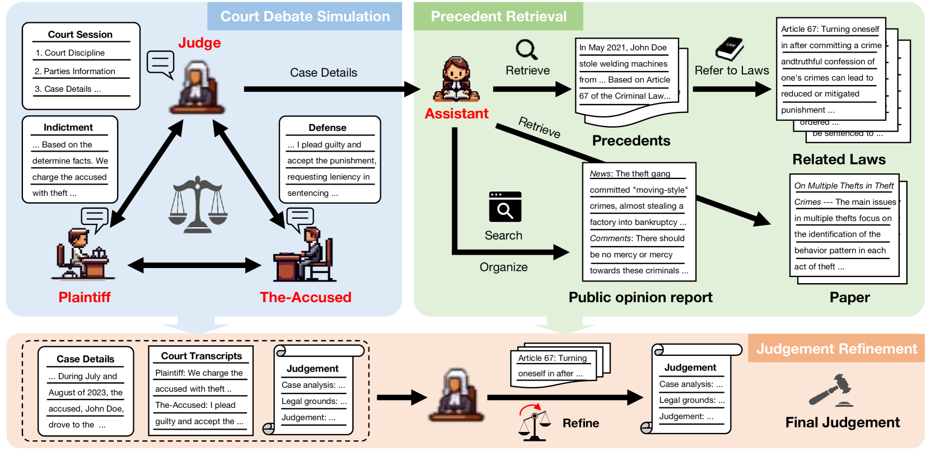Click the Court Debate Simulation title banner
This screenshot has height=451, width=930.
305,16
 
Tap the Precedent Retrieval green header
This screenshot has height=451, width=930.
498,16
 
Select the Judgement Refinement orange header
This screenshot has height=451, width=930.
836,349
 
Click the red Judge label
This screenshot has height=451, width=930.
199,43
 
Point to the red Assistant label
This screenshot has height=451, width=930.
456,114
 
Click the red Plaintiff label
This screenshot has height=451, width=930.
85,297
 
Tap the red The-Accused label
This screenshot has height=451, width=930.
305,297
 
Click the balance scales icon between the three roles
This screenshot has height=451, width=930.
198,204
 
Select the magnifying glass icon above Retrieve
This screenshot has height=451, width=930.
527,49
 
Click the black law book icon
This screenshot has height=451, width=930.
730,49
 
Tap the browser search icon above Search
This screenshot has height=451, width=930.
504,207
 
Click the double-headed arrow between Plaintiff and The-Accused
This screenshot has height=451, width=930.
194,265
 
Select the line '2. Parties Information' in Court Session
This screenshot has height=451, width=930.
74,71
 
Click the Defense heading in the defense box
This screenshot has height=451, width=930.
328,128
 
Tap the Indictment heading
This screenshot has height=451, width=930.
68,128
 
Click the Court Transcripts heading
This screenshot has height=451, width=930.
202,356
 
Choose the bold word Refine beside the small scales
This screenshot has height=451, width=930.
581,423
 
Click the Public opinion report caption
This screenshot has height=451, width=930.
641,297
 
